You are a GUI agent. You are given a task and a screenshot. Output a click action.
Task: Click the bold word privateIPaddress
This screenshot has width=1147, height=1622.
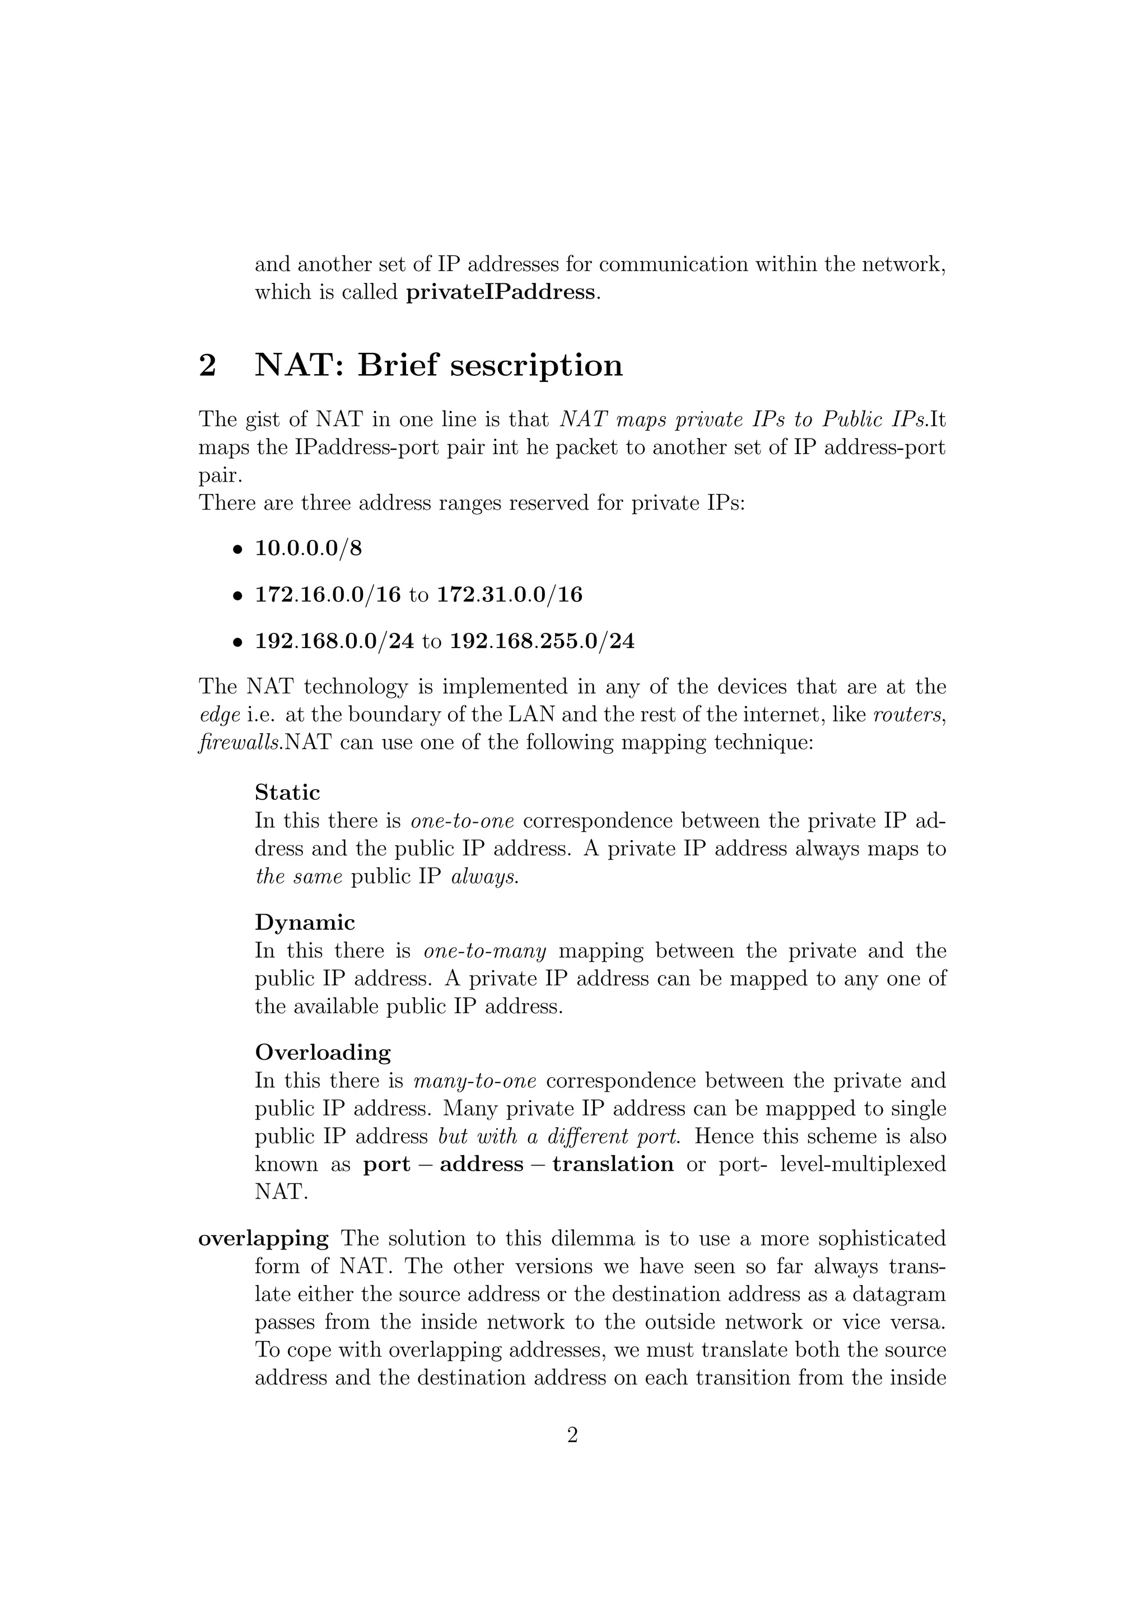tap(500, 292)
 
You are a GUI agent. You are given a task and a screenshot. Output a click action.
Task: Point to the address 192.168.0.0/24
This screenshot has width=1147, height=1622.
tap(334, 641)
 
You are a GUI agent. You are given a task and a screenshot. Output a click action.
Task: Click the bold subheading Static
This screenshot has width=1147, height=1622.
tap(287, 792)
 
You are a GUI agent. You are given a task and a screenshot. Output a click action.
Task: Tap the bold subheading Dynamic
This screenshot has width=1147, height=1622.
tap(305, 922)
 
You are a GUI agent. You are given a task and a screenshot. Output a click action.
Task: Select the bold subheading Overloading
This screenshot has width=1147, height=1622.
tap(323, 1052)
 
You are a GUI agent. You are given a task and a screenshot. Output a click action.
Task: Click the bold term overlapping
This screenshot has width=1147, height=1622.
tap(263, 1238)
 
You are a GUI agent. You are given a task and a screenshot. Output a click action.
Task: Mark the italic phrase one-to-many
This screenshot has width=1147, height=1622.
tap(484, 951)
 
